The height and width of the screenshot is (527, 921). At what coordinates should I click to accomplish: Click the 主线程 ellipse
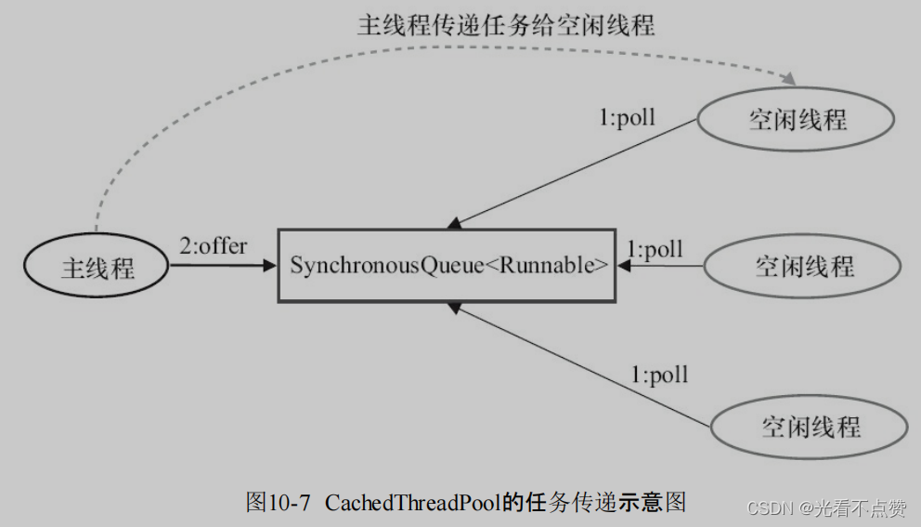[x=97, y=268]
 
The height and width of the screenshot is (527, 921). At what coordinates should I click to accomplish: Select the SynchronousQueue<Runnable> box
[x=447, y=265]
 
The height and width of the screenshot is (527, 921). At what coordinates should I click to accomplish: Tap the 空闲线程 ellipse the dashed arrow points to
[x=797, y=119]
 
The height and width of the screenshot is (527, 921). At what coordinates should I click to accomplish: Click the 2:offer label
[x=213, y=246]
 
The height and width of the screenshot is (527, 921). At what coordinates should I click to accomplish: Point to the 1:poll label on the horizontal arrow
[x=655, y=249]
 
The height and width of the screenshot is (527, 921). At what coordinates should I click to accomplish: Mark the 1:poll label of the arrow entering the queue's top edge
[x=628, y=118]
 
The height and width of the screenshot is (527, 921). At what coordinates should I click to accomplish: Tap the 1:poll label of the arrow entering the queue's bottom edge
[x=660, y=375]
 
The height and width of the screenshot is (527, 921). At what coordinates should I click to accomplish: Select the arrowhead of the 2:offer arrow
[x=270, y=266]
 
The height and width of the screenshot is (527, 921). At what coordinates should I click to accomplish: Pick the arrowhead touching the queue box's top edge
[x=454, y=223]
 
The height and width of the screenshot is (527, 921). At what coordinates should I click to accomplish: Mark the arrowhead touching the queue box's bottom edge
[x=454, y=308]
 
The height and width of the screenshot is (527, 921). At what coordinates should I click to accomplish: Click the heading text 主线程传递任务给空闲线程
[x=505, y=25]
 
